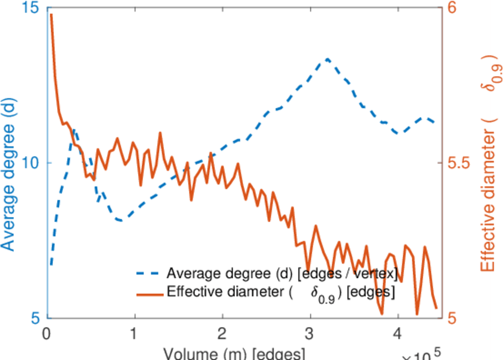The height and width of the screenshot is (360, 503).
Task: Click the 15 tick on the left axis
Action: click(x=30, y=8)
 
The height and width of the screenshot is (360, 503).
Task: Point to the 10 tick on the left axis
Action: click(x=30, y=163)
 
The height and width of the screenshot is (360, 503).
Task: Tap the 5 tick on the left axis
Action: click(x=35, y=317)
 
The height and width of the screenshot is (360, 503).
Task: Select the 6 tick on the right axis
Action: click(x=452, y=8)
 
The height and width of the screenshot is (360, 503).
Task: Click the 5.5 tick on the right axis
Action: click(x=459, y=163)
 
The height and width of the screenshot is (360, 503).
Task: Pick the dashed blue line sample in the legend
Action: click(x=148, y=274)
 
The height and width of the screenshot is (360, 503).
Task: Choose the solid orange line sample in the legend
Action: click(x=148, y=293)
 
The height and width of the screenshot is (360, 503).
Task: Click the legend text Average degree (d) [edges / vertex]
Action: click(x=282, y=274)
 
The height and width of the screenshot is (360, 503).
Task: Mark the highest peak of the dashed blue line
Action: click(x=327, y=59)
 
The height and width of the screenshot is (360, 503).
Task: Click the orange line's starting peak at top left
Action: click(x=51, y=14)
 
